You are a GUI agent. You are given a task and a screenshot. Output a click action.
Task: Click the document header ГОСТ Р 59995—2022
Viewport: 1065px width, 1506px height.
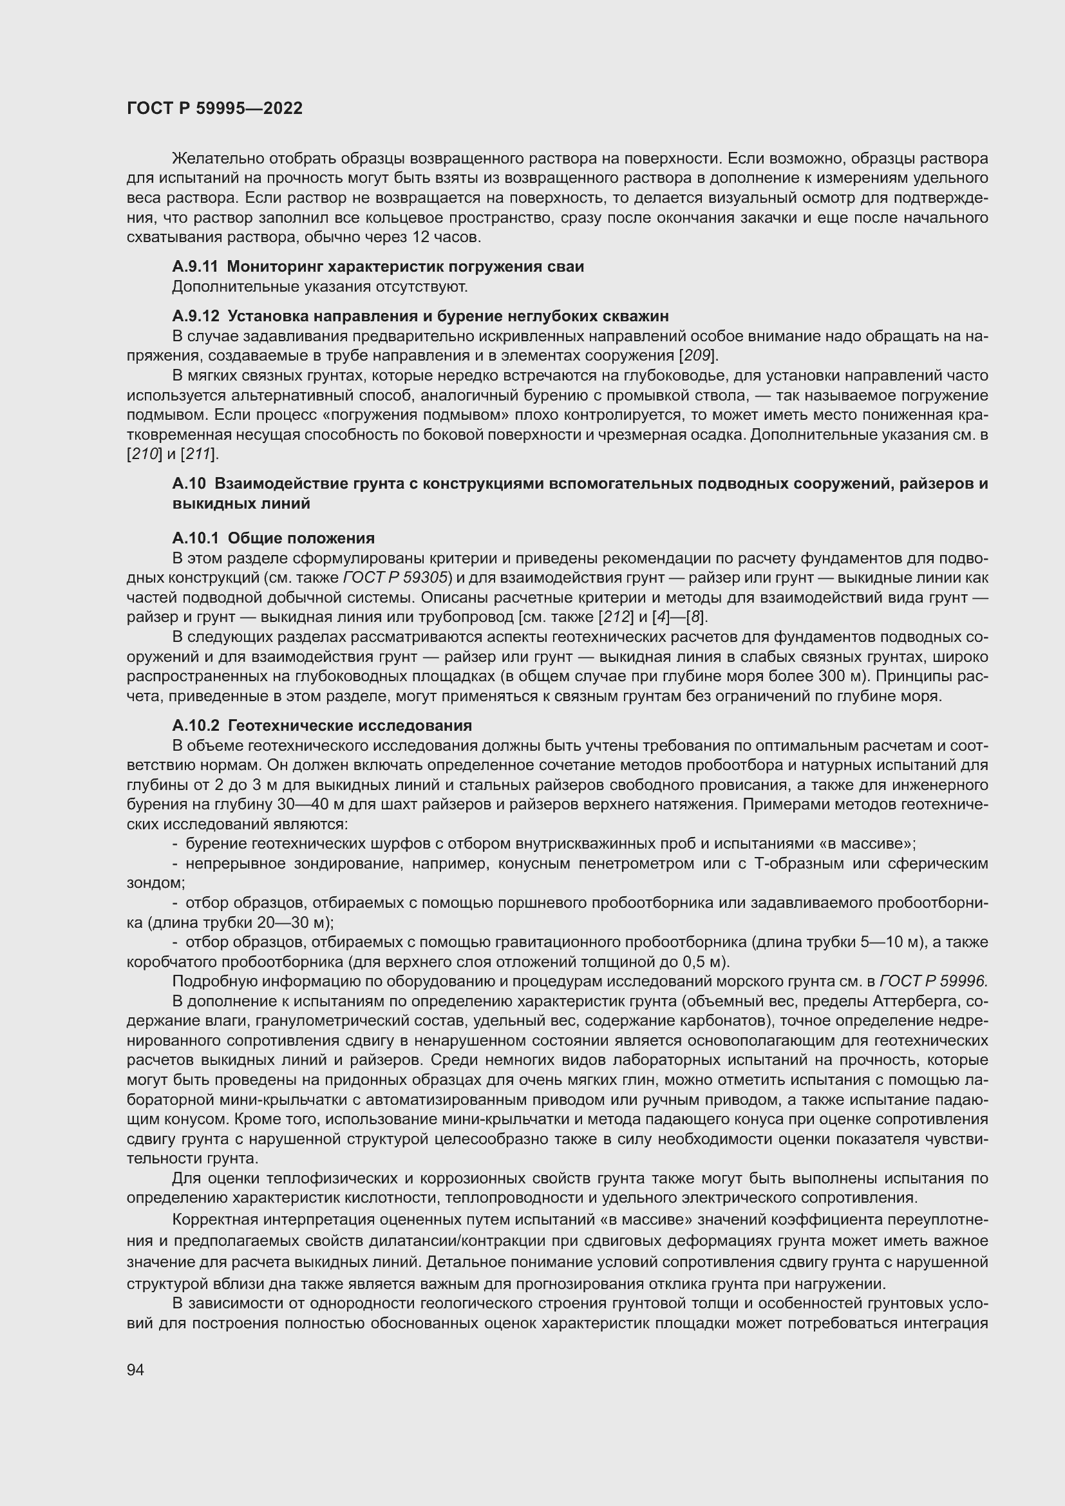pos(214,108)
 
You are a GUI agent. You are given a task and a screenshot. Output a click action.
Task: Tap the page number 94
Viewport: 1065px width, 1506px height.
pos(135,1368)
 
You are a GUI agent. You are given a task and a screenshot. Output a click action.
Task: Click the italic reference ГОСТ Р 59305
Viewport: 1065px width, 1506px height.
pos(394,578)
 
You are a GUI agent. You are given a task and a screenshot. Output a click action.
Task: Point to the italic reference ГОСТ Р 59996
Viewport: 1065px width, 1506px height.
pos(932,981)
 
